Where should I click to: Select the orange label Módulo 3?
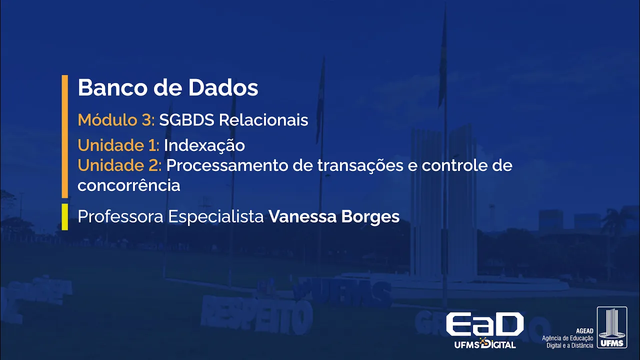[x=116, y=120]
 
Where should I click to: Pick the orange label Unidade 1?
[x=118, y=145]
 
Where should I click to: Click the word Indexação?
[x=204, y=145]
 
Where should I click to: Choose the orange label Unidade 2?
[x=119, y=165]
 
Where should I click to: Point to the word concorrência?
[x=128, y=185]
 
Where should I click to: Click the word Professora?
[x=120, y=216]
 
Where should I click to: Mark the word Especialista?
[x=216, y=216]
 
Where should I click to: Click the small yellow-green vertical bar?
[x=64, y=216]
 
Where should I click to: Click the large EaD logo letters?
[x=484, y=324]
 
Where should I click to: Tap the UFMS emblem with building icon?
[x=611, y=327]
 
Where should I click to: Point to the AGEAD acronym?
[x=584, y=331]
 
